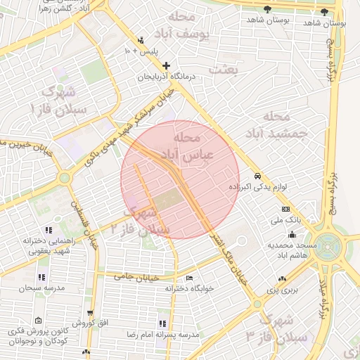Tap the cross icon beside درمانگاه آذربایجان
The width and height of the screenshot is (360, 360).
(x=167, y=65)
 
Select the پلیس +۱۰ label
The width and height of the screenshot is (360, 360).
(x=141, y=51)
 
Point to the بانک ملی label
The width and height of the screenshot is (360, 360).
(x=285, y=220)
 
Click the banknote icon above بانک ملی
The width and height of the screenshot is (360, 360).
(x=285, y=210)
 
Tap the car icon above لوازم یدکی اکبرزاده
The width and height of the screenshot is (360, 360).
(x=258, y=175)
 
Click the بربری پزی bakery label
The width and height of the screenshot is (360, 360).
(x=285, y=289)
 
